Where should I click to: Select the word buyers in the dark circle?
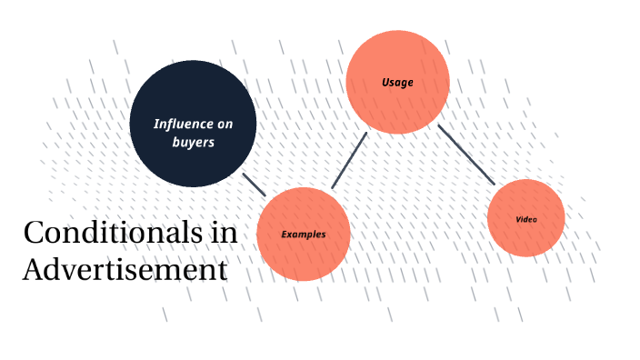(193, 143)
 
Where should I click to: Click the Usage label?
(397, 83)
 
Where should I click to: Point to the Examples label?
(303, 235)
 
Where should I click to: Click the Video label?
(525, 219)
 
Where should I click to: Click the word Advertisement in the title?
(125, 270)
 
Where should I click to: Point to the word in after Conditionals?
(224, 233)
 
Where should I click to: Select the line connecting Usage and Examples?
(349, 161)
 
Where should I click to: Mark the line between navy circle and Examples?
(254, 184)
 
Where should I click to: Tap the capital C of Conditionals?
(34, 234)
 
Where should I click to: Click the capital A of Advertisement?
(34, 270)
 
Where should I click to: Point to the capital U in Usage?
(385, 83)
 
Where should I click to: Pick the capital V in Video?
(518, 219)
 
